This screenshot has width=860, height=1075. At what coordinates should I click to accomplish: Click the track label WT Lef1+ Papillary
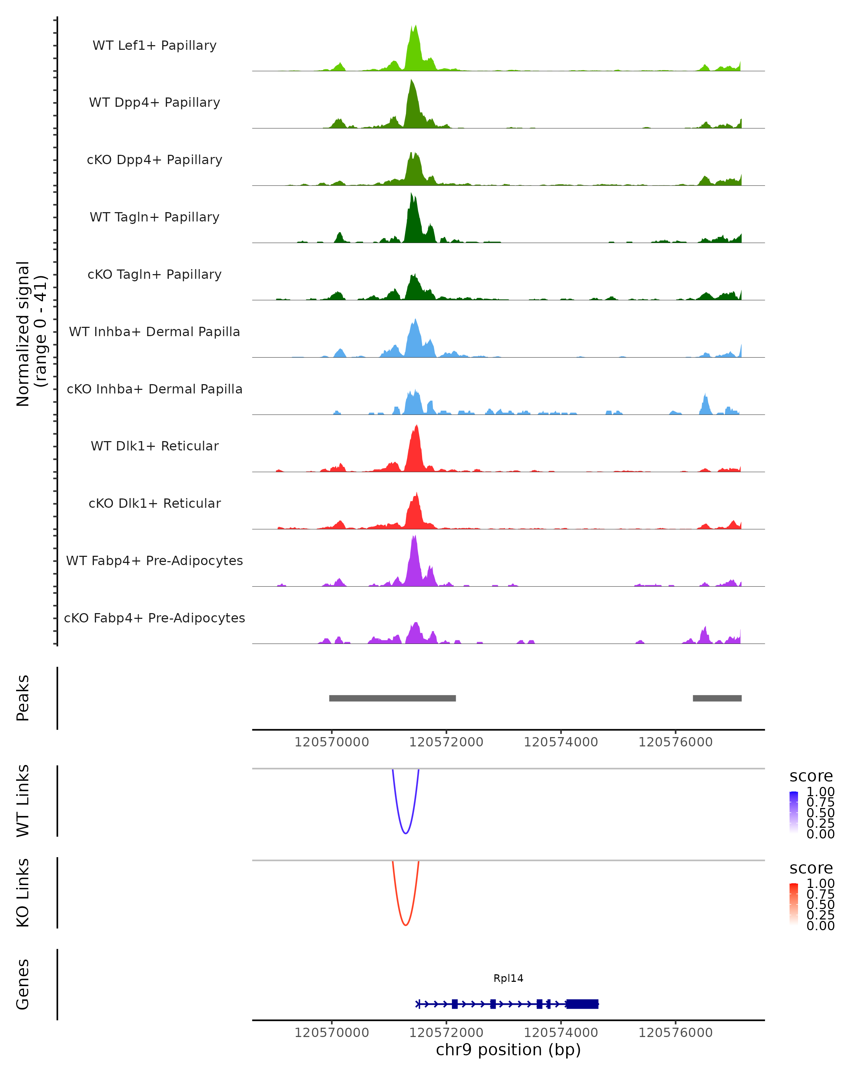click(154, 46)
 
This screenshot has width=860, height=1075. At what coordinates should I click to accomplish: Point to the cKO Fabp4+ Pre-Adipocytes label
click(154, 618)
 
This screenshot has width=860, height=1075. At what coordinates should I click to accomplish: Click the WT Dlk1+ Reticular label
click(154, 446)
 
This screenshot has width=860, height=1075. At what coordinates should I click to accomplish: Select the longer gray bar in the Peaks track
click(392, 698)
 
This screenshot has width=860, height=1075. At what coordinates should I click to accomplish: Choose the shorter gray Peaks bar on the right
click(717, 698)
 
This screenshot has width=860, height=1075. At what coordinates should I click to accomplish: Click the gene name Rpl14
click(508, 978)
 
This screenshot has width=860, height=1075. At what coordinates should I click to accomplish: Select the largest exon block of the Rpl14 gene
click(582, 1004)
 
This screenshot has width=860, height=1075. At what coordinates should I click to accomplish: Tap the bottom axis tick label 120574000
click(561, 1033)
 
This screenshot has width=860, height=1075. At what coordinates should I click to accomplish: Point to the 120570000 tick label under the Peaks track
click(331, 742)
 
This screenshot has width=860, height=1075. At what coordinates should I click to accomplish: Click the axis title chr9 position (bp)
click(508, 1050)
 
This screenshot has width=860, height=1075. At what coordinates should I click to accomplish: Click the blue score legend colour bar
click(794, 812)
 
